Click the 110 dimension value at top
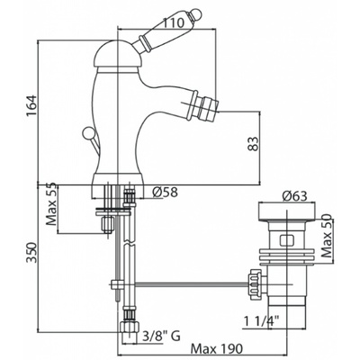[173, 22]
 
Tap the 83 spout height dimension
[253, 144]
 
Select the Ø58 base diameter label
[165, 192]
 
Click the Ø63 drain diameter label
[294, 196]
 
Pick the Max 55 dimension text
[51, 204]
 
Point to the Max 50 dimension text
[326, 236]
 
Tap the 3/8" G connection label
[161, 337]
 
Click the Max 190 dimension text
[217, 349]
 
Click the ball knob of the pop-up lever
[87, 132]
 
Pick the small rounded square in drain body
[287, 241]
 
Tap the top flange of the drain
[287, 212]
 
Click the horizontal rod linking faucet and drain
[192, 283]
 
